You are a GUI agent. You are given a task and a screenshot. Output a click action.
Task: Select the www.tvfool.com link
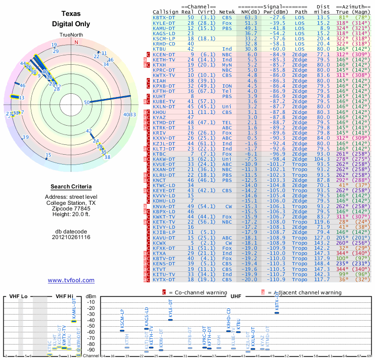pos(71,280)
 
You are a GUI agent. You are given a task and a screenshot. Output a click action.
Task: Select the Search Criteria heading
pos(71,187)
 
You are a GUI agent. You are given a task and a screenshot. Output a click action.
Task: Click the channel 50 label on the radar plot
pos(87,102)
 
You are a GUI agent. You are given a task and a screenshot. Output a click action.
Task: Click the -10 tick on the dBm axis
pos(91,302)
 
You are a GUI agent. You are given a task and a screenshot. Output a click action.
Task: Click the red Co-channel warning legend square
pos(165,292)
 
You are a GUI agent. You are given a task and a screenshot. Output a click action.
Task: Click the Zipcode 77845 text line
pos(71,208)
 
